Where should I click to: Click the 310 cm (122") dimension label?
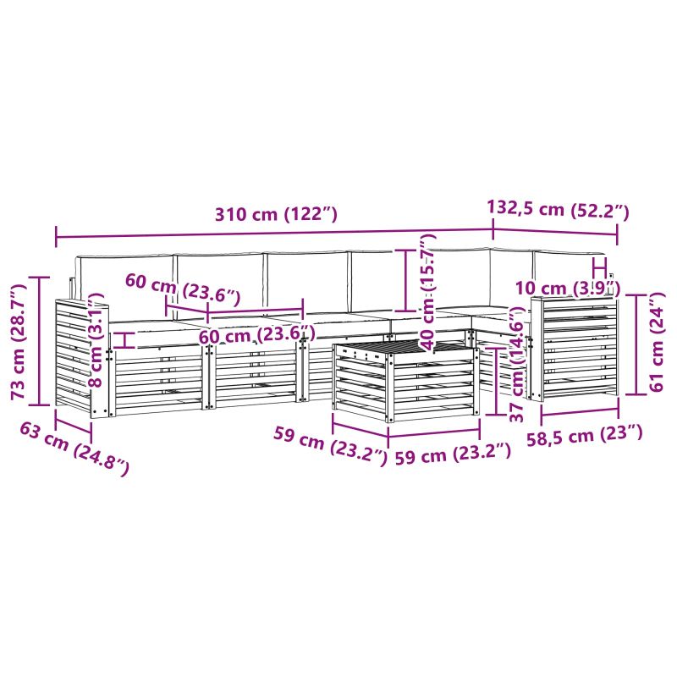tap(276, 214)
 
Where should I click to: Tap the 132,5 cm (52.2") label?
tap(558, 209)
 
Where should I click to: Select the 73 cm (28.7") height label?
tap(19, 342)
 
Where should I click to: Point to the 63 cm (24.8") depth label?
tap(74, 449)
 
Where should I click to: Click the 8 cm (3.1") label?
tap(96, 340)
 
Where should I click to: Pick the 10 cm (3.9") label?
tap(568, 288)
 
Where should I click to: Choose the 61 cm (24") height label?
tap(657, 342)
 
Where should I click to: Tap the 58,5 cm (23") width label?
tap(584, 434)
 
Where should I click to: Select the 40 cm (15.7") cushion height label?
tap(427, 292)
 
